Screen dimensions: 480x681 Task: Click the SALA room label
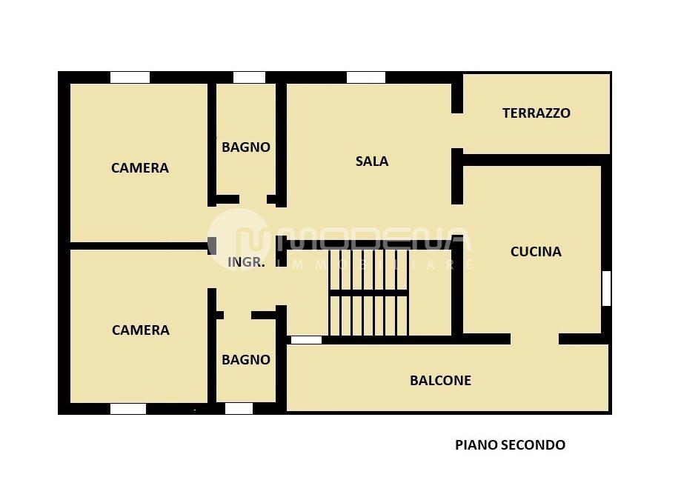tap(372, 161)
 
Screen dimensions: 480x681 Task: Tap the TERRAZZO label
tap(536, 113)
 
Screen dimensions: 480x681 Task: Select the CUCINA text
tap(536, 252)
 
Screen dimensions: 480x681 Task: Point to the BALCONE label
tap(440, 381)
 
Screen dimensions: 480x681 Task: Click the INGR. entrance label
tap(245, 262)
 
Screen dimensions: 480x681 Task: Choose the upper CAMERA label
tap(140, 168)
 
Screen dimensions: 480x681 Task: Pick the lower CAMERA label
tap(140, 330)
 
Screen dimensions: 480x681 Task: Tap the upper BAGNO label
tap(246, 147)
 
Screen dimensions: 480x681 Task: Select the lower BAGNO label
tap(246, 360)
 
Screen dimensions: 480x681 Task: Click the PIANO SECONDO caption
tap(510, 445)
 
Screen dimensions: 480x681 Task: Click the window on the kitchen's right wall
tap(605, 288)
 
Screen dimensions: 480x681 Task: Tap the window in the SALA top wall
tap(366, 77)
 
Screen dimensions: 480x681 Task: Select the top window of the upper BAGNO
tap(249, 77)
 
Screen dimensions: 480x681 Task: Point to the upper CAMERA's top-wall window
tap(130, 77)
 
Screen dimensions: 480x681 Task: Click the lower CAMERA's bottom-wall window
tap(128, 408)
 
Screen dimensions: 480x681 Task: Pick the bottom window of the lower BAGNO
tap(239, 408)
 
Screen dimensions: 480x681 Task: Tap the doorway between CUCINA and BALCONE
tap(534, 339)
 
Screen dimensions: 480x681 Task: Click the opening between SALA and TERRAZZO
tap(457, 131)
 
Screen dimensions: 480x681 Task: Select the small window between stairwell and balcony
tap(306, 340)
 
